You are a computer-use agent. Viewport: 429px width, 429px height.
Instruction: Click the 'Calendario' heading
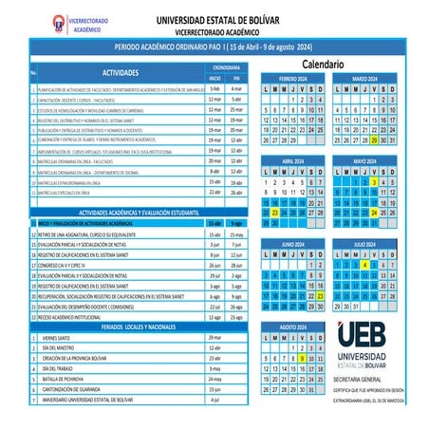point(328,64)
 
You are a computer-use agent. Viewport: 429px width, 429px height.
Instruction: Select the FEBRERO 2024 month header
point(292,77)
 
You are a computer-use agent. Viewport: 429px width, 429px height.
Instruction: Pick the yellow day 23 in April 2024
point(274,214)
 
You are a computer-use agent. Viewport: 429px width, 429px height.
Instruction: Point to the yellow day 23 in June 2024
point(322,297)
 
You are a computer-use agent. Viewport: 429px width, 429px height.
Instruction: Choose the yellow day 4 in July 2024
point(364,265)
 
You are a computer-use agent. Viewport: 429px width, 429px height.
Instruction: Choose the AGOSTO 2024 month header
point(292,326)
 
